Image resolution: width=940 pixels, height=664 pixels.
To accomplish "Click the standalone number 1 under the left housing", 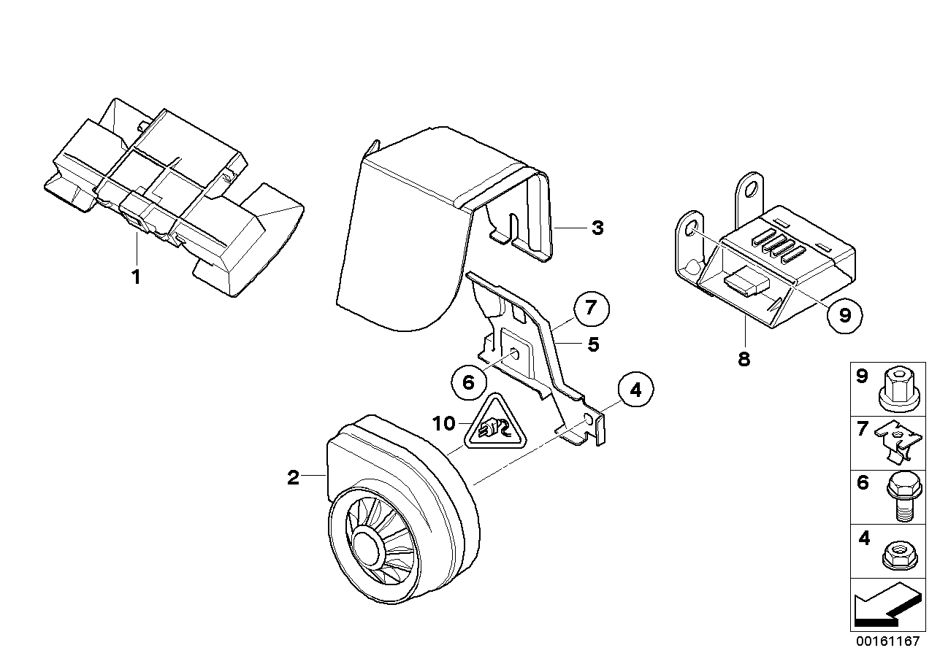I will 135,277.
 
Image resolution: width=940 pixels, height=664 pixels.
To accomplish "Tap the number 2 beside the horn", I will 293,478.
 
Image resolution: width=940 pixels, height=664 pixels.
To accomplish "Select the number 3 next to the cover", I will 597,228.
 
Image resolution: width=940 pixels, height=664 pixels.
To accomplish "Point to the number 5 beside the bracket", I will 593,344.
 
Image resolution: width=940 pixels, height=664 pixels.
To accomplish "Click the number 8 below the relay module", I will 744,359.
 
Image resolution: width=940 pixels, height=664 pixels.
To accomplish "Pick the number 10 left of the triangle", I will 444,423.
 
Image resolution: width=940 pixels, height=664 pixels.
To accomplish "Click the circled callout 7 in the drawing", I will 591,309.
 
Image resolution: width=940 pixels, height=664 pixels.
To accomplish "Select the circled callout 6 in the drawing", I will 469,380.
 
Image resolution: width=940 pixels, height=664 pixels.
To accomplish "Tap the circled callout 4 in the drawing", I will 635,390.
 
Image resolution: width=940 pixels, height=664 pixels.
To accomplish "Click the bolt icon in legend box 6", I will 898,495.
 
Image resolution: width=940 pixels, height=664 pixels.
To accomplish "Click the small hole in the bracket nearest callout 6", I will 515,355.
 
